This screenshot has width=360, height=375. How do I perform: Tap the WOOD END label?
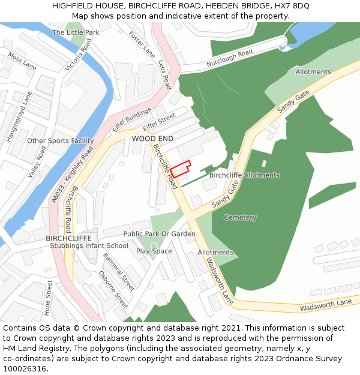point(152,139)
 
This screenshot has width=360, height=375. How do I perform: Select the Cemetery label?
point(240,217)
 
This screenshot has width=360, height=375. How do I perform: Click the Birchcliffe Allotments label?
point(244,175)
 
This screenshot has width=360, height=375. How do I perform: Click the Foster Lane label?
point(142,44)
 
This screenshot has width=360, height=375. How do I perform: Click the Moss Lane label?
point(22,61)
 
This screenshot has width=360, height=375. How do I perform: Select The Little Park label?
point(76,32)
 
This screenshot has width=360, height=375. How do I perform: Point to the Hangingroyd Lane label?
point(19,117)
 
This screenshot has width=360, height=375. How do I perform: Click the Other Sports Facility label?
point(60,141)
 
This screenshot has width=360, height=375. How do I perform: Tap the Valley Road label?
point(37,161)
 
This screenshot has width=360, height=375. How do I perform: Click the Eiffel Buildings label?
point(132,121)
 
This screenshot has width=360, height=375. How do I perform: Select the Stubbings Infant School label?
point(89,245)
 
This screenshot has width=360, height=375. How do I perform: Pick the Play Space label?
point(154,251)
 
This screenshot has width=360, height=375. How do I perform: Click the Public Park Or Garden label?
point(159,233)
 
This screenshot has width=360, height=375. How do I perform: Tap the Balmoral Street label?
point(118,268)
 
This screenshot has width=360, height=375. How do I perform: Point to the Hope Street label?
point(49,298)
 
